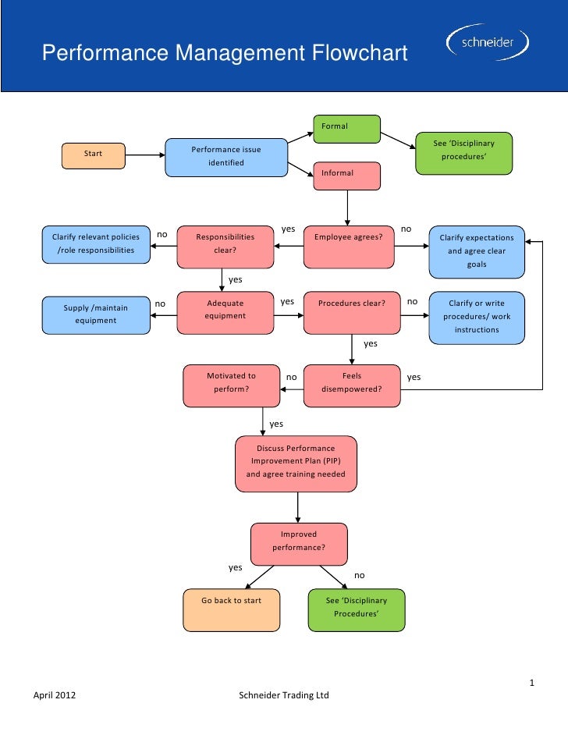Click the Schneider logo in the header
489,43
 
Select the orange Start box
94,155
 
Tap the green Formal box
346,129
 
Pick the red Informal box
346,176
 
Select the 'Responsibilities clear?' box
225,244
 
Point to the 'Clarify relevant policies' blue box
95,244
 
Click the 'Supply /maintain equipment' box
95,315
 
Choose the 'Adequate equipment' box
225,311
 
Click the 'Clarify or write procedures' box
477,317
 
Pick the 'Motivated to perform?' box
231,385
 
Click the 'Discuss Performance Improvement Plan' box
296,463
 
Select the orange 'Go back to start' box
231,609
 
